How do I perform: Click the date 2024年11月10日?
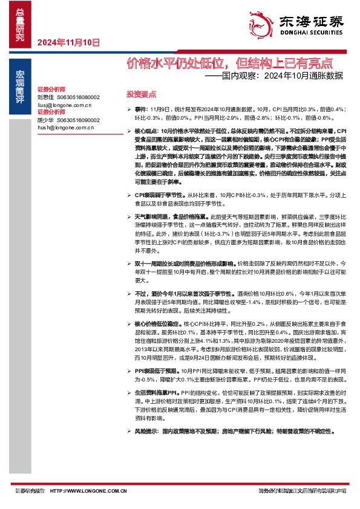pyautogui.click(x=68, y=43)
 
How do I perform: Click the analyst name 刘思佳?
pyautogui.click(x=45, y=97)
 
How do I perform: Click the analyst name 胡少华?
pyautogui.click(x=45, y=120)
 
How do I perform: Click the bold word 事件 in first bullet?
pyautogui.click(x=140, y=109)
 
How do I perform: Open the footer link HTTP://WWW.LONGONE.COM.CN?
pyautogui.click(x=88, y=490)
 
